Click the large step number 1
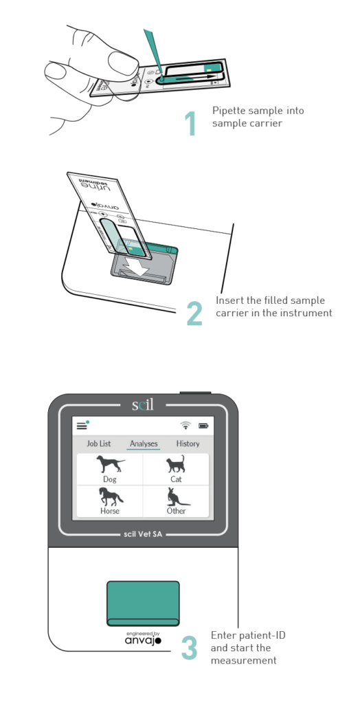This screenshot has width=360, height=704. pyautogui.click(x=190, y=123)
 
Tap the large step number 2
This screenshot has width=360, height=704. pyautogui.click(x=194, y=313)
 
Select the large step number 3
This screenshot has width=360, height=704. pyautogui.click(x=190, y=649)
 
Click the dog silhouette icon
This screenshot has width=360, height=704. pyautogui.click(x=110, y=463)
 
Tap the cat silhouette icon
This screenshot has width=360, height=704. pyautogui.click(x=176, y=463)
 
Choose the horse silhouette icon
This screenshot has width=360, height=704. pyautogui.click(x=110, y=496)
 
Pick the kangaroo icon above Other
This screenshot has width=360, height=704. pyautogui.click(x=176, y=496)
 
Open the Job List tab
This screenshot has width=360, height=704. pyautogui.click(x=98, y=443)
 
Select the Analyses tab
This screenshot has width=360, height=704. pyautogui.click(x=144, y=443)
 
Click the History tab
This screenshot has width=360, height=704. pyautogui.click(x=188, y=443)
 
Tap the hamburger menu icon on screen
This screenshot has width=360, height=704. pyautogui.click(x=82, y=426)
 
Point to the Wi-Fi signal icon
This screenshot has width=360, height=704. pyautogui.click(x=185, y=426)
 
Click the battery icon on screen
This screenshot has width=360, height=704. pyautogui.click(x=203, y=426)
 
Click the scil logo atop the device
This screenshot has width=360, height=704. pyautogui.click(x=144, y=404)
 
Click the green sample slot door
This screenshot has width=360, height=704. pyautogui.click(x=143, y=603)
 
